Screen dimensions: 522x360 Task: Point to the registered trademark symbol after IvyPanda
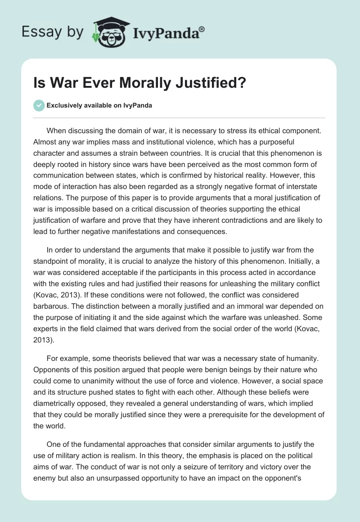click(202, 29)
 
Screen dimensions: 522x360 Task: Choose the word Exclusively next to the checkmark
click(63, 105)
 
